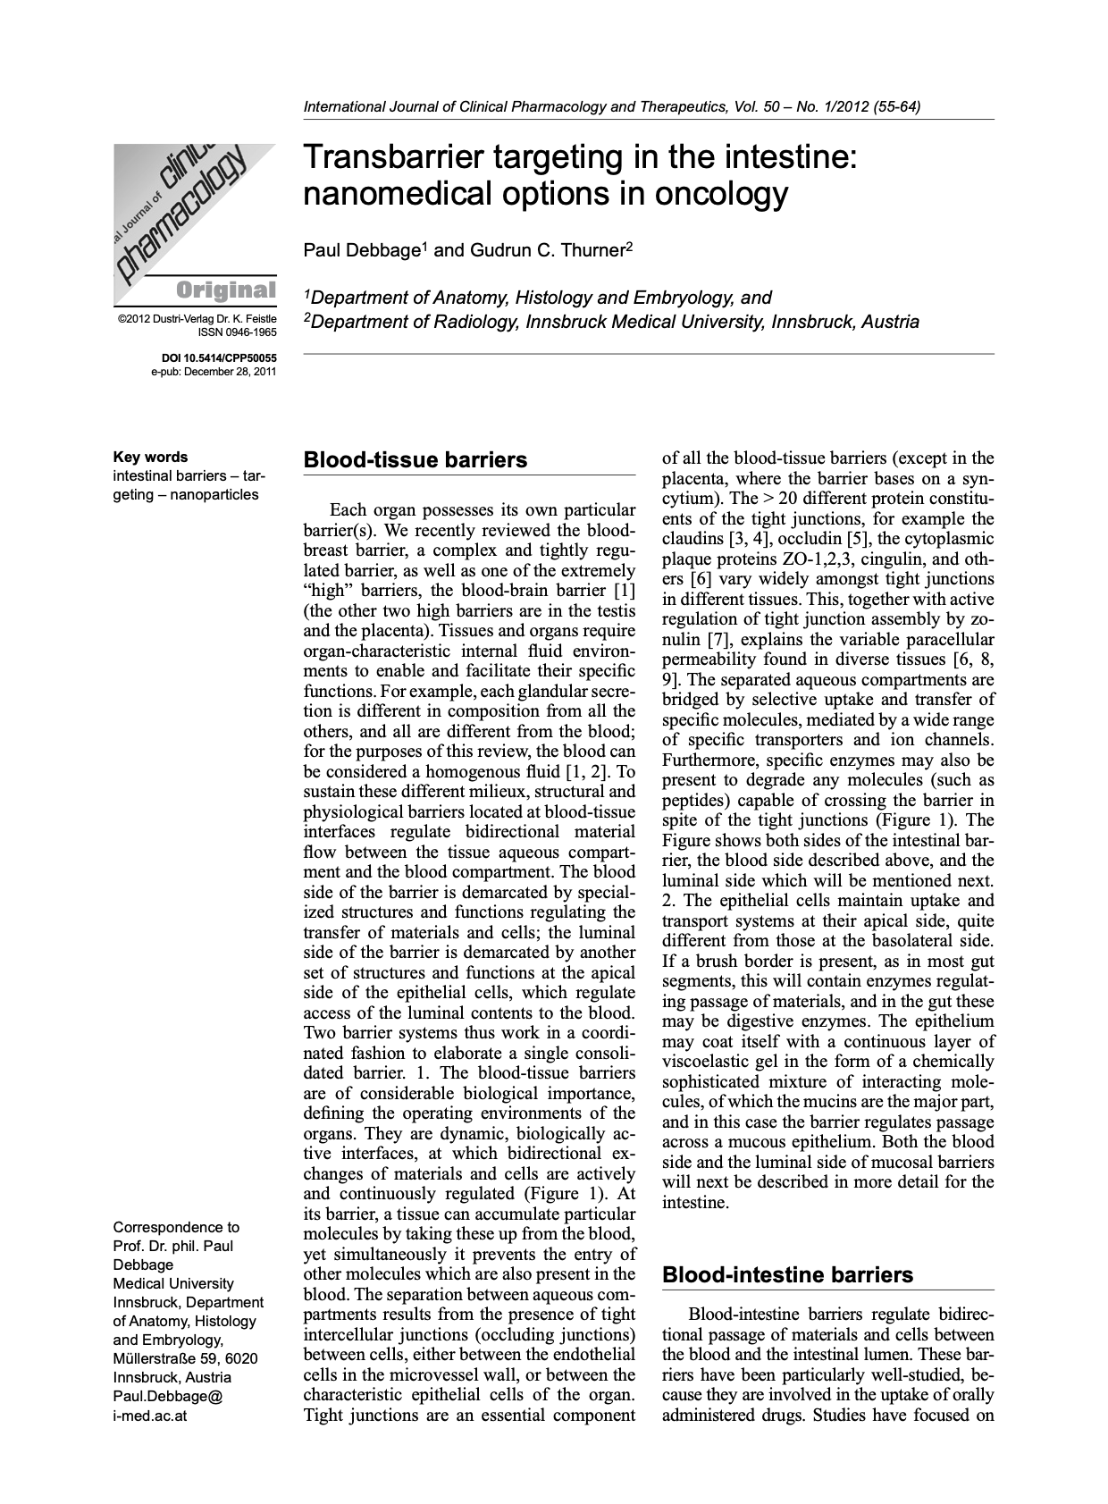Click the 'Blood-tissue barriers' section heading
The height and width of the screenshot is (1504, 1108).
tap(415, 460)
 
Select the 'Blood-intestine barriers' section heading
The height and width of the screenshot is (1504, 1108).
tap(787, 1274)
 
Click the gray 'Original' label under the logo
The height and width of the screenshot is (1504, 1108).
tap(226, 290)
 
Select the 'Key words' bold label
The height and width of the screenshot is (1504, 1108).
tap(150, 457)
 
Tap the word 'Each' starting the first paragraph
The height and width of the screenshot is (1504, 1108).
tap(348, 510)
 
